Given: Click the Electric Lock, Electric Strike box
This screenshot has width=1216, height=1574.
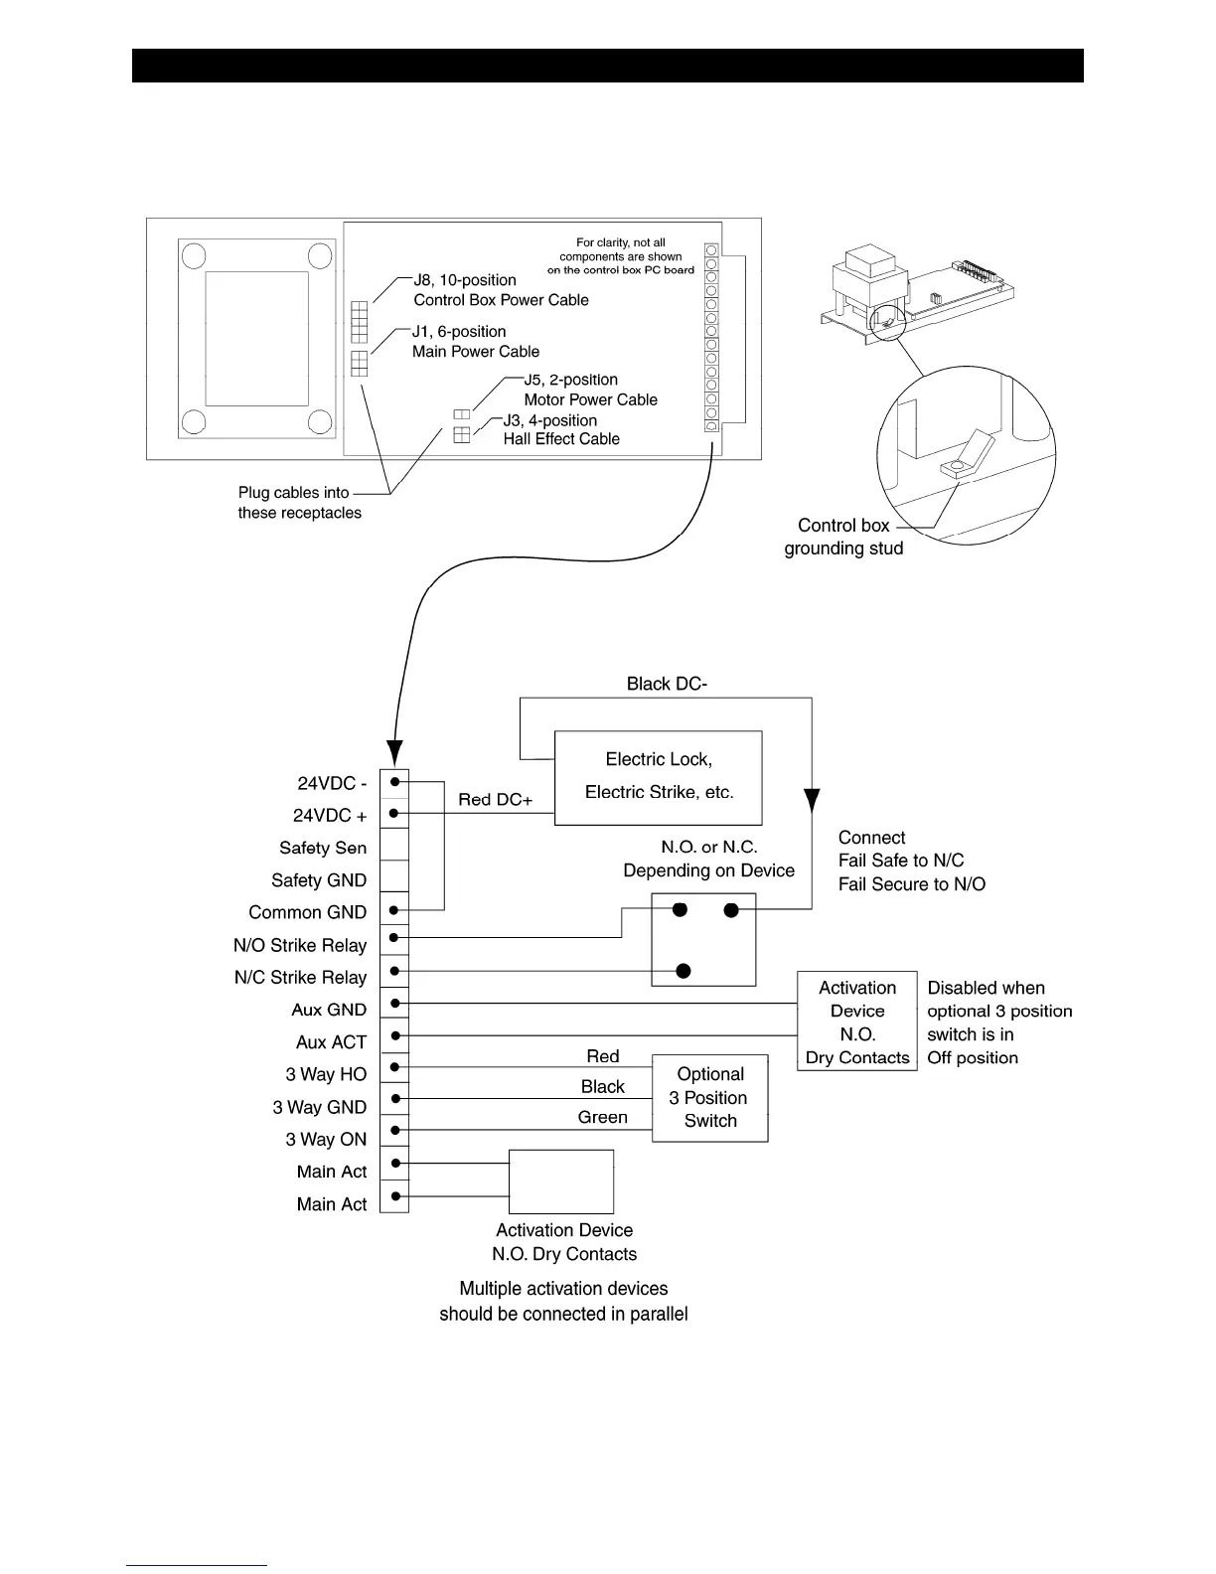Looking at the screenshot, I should pos(658,777).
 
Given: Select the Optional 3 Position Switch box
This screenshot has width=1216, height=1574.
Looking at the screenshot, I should pos(709,1098).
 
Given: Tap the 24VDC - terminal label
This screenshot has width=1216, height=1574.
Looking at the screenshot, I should pos(332,784).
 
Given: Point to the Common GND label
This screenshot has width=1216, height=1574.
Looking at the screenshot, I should pos(307,912).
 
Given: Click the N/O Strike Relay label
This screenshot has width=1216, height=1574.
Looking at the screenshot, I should pos(300,945).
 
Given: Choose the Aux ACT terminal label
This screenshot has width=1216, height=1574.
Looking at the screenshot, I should pos(331,1042).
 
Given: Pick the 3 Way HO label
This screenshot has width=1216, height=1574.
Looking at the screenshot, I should pos(326,1074).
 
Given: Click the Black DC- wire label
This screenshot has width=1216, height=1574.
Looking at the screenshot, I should pos(667,684).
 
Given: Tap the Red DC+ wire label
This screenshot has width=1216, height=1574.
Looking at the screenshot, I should pos(495,800).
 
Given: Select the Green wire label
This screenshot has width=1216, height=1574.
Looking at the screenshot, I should pos(602,1117).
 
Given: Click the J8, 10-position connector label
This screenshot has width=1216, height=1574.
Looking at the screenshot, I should pos(465,280).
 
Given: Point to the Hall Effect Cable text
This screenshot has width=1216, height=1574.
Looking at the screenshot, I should pos(561,439).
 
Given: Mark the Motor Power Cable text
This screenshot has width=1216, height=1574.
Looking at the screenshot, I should pos(590,399).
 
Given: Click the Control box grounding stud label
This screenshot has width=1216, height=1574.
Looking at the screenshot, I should pos(843,537).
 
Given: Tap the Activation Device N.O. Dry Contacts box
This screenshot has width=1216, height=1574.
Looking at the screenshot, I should pos(856,1022).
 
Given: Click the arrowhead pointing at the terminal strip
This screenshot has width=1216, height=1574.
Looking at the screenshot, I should pos(394,752).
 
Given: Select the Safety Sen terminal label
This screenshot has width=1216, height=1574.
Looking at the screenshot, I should pos(323,848).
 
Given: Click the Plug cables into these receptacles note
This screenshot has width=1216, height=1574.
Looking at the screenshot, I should pos(299,503).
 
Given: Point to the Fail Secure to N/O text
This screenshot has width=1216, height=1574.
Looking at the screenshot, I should pos(911,884).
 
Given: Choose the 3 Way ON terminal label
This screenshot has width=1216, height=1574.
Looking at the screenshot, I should pos(326,1140).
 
